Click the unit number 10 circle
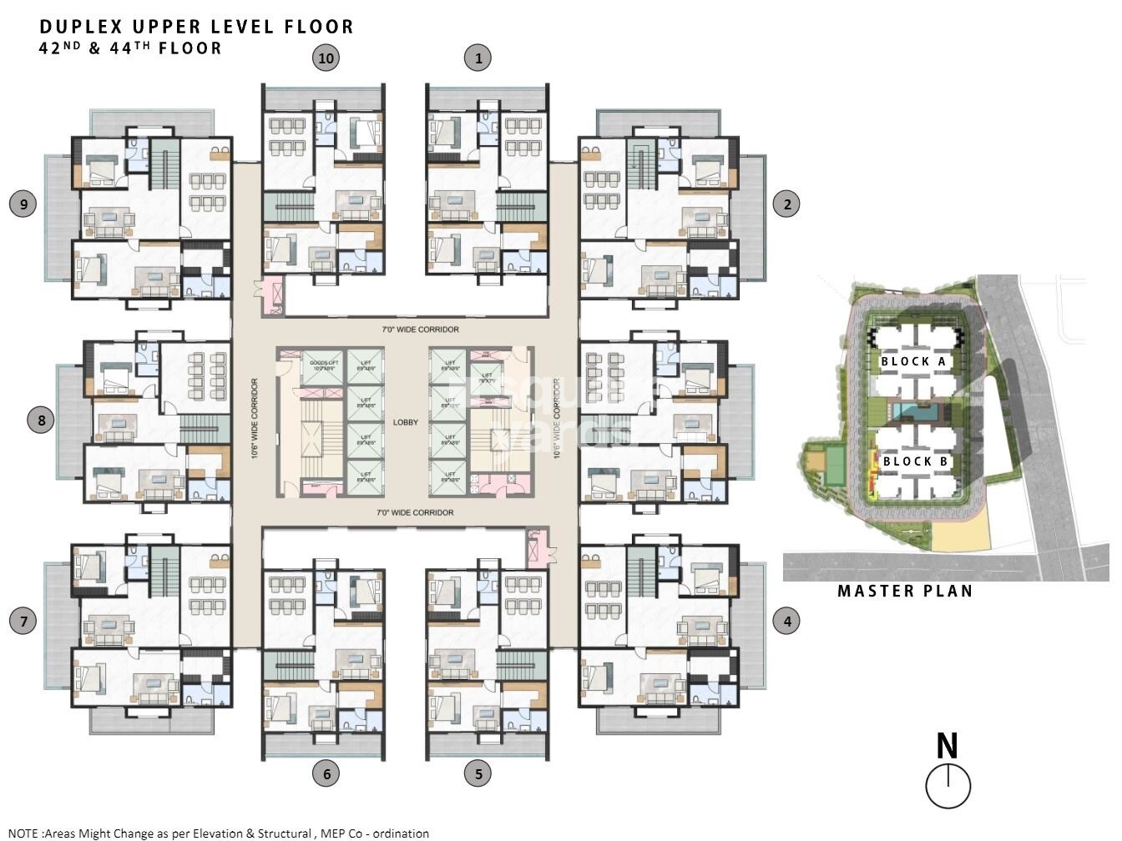pyautogui.click(x=326, y=58)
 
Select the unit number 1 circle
pyautogui.click(x=478, y=58)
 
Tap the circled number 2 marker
pyautogui.click(x=786, y=204)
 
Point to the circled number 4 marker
pyautogui.click(x=786, y=621)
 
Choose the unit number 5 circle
pyautogui.click(x=478, y=773)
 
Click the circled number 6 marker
pyautogui.click(x=326, y=773)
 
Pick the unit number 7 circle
pyautogui.click(x=23, y=621)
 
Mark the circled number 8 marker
pyautogui.click(x=42, y=419)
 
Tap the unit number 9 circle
pyautogui.click(x=23, y=204)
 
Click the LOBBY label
pyautogui.click(x=406, y=422)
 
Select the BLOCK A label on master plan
pyautogui.click(x=914, y=361)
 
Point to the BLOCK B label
pyautogui.click(x=915, y=461)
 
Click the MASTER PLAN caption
pyautogui.click(x=905, y=591)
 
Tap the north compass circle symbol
pyautogui.click(x=948, y=786)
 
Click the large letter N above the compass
pyautogui.click(x=947, y=746)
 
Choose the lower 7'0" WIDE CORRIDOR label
pyautogui.click(x=414, y=512)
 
